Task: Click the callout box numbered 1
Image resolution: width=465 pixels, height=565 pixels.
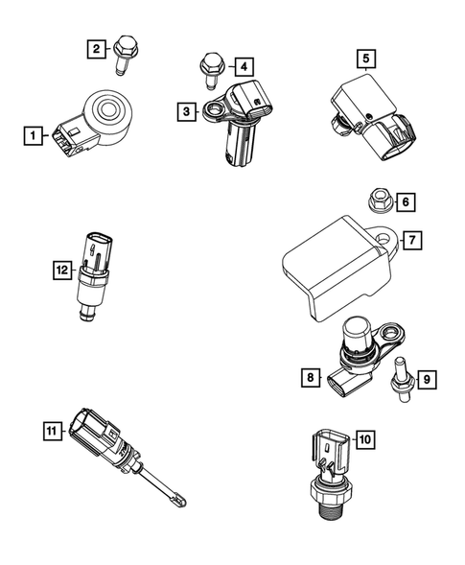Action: coord(34,135)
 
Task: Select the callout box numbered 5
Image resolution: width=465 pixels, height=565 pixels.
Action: coord(366,59)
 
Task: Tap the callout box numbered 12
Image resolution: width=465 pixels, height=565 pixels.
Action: coord(62,270)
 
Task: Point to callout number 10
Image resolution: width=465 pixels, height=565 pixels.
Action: coord(365,439)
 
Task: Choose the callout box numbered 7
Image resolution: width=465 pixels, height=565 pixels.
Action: coord(412,240)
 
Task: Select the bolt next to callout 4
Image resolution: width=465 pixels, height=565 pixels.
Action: coord(211,71)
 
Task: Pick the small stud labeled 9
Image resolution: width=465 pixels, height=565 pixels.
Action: coord(401,380)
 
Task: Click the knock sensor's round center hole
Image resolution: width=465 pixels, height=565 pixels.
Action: coord(107,107)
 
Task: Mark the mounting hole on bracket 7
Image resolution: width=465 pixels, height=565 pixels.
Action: coord(384,238)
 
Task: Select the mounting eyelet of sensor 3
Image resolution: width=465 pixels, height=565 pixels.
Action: coord(216,108)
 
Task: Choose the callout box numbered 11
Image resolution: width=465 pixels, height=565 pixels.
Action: coord(52,431)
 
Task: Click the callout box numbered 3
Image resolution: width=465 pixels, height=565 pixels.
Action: coord(187,111)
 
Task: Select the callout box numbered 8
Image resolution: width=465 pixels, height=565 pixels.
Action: coord(311,377)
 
